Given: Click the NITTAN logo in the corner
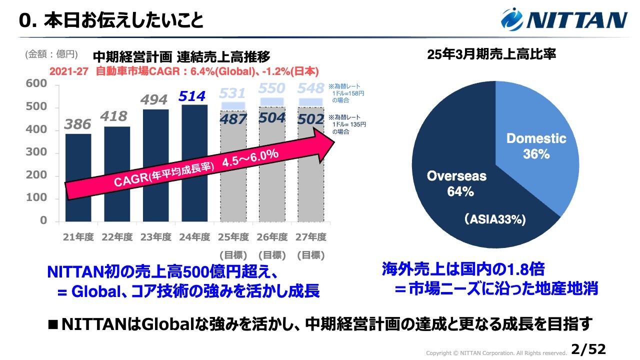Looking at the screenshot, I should pos(564,19).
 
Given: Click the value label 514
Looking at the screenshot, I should pos(192,96).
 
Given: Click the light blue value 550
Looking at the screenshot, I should pos(272,88).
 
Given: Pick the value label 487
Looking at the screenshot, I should pos(232,119).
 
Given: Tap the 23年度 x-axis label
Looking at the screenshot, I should pos(155,237).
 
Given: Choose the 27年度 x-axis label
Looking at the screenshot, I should pos(311,237).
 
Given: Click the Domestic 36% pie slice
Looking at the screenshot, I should pos(536,145).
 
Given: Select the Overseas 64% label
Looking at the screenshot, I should pos(456,183).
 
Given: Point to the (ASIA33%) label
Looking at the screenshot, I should pos(494,219).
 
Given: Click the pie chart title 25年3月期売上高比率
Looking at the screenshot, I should pos(491,54).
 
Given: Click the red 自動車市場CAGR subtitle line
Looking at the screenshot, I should pos(184,71).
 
